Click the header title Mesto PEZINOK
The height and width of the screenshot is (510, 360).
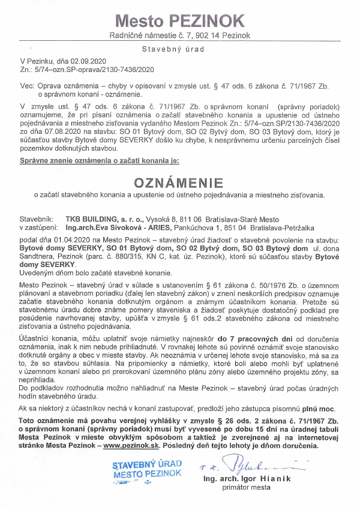(179, 22)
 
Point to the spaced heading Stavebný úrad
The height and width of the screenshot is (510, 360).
(179, 49)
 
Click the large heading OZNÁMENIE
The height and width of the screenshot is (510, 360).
(179, 182)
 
